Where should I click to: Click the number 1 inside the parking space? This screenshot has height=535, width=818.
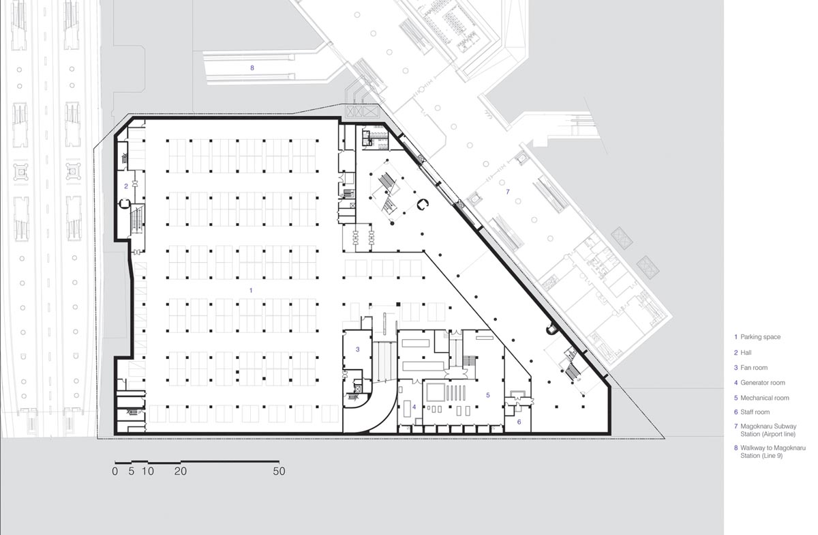(251, 290)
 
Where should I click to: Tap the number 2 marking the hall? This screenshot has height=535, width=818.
(126, 186)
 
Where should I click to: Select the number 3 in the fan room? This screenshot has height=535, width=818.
(357, 349)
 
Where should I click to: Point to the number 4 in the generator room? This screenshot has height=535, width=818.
(414, 407)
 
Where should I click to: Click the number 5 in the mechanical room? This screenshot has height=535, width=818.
(488, 395)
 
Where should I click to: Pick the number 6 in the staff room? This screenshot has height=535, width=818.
(519, 422)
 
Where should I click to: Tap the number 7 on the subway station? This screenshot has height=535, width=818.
(508, 192)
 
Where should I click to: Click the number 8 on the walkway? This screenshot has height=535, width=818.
(252, 68)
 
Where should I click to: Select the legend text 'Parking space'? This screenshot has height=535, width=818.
(760, 337)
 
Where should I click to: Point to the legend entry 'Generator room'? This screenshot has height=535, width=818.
(763, 383)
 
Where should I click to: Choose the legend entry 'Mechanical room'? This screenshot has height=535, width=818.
(765, 398)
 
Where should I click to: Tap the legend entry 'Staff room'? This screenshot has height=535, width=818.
(755, 412)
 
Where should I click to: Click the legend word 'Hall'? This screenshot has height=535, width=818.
(746, 353)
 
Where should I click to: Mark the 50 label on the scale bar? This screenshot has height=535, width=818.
(279, 471)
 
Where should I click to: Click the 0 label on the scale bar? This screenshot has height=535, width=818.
(115, 471)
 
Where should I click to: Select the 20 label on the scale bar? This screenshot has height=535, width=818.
(181, 471)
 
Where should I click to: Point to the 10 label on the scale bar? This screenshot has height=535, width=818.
(147, 471)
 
